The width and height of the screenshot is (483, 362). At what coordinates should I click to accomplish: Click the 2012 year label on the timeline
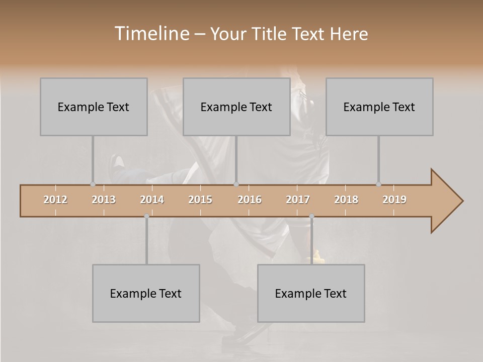55,200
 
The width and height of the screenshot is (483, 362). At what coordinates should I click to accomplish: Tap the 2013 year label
104,200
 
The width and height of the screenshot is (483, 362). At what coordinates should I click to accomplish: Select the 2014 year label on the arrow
152,200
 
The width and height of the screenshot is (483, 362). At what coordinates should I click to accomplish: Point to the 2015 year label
200,200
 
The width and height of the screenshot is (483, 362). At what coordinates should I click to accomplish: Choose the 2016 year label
250,200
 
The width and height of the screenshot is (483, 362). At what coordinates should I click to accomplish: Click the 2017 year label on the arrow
298,200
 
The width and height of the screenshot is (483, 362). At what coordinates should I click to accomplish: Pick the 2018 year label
346,200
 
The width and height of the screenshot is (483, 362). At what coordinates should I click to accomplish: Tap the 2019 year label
394,200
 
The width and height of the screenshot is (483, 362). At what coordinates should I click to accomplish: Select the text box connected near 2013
94,107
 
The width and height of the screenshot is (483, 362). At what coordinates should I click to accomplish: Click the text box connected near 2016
236,107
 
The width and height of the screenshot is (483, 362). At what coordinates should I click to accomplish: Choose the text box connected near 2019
379,107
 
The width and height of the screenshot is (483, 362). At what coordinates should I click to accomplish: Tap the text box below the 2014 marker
146,293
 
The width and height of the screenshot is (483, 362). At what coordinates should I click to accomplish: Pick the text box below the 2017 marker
311,293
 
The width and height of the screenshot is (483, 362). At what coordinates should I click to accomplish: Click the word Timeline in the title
151,34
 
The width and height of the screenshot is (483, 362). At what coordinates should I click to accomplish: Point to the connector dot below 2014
146,216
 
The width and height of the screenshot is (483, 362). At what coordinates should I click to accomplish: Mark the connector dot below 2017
311,216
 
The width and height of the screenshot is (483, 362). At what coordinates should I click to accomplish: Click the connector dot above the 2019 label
378,184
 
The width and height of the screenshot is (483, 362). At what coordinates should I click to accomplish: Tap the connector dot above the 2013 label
93,184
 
